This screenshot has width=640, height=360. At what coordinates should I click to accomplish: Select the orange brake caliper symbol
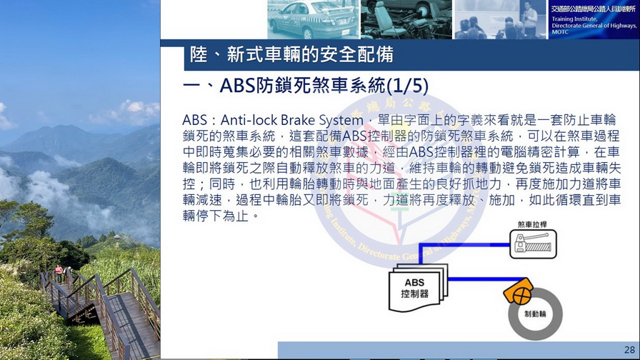pos(519,291)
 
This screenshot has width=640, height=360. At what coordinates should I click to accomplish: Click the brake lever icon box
pos(533,244)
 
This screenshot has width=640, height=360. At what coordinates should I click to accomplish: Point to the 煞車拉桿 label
pos(532,224)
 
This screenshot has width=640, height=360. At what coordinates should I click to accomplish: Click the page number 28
pos(629,350)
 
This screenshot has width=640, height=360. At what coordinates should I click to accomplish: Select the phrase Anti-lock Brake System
pos(292,120)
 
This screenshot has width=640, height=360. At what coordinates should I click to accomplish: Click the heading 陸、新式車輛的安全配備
pos(291,55)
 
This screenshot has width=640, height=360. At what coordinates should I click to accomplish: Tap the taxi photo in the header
pos(313,19)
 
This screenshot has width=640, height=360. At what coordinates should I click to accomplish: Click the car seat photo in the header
pos(406,19)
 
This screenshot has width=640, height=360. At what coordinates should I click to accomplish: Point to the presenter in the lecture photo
pos(529,19)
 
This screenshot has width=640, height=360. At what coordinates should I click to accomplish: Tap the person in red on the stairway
pos(59,273)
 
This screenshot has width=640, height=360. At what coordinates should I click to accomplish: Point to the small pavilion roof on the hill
pos(117,236)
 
